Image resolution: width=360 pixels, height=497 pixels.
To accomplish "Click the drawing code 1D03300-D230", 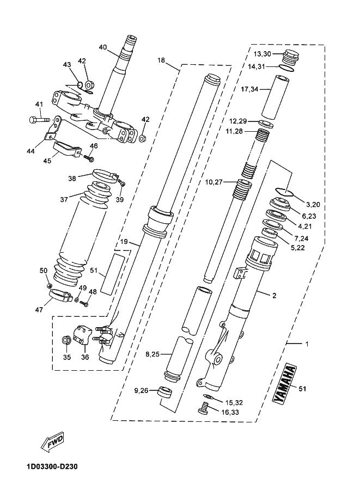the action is pyautogui.click(x=53, y=467).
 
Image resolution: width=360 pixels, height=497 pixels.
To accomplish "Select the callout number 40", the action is pyautogui.click(x=103, y=47).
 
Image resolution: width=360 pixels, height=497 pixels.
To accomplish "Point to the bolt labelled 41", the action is pyautogui.click(x=40, y=120).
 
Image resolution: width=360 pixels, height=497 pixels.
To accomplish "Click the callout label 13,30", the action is pyautogui.click(x=263, y=54).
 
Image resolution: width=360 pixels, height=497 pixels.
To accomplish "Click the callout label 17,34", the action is pyautogui.click(x=249, y=89).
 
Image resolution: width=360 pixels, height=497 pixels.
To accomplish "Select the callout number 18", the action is pyautogui.click(x=161, y=60).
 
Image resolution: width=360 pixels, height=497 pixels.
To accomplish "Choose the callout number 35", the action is pyautogui.click(x=66, y=357).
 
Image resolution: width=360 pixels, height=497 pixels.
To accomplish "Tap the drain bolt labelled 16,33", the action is pyautogui.click(x=204, y=407).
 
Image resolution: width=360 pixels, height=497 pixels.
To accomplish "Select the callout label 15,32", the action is pyautogui.click(x=234, y=402).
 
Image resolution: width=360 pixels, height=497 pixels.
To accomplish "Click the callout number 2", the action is pyautogui.click(x=274, y=296).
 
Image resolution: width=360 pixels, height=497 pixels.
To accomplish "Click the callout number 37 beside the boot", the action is pyautogui.click(x=64, y=199).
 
